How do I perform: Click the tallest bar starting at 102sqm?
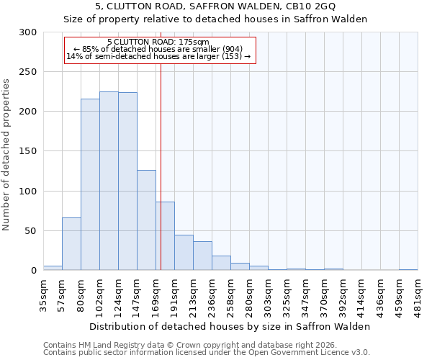click(x=109, y=181)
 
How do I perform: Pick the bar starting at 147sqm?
click(x=146, y=220)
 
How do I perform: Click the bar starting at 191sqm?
click(x=184, y=252)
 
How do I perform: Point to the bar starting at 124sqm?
click(x=127, y=181)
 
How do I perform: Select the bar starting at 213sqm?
click(x=202, y=256)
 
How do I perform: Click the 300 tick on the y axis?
click(x=28, y=32)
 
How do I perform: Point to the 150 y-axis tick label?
click(x=28, y=151)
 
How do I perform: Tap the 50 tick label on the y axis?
click(x=31, y=231)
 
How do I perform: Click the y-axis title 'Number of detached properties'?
click(x=7, y=151)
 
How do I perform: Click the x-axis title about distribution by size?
click(x=230, y=326)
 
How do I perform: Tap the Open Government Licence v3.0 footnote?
click(x=207, y=352)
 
